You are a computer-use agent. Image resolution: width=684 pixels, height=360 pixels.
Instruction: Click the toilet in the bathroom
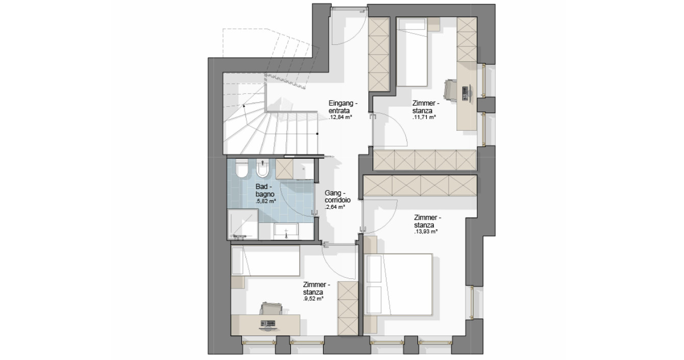tap(242, 169)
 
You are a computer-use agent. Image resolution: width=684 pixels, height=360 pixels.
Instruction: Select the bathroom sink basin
tap(286, 231)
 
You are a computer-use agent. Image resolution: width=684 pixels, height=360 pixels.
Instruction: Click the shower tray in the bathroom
tap(243, 224)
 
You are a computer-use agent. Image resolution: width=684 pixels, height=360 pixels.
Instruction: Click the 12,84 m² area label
tap(340, 117)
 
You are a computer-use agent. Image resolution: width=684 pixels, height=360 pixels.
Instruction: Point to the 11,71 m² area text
tap(424, 117)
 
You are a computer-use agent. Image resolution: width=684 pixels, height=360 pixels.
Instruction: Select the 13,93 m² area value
tap(426, 232)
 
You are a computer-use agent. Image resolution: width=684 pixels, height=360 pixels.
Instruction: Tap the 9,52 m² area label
tap(313, 299)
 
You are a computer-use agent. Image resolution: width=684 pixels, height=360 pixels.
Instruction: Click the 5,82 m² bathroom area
tap(265, 201)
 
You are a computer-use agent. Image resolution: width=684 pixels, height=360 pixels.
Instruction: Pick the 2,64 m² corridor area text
tap(335, 207)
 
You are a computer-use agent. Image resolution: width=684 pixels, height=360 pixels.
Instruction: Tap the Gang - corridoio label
tap(337, 197)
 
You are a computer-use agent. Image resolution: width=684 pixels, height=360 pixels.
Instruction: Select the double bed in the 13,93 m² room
tap(399, 284)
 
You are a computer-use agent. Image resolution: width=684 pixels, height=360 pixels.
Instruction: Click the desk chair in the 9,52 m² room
tap(271, 308)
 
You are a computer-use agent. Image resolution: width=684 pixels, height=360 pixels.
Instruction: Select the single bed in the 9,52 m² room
tap(265, 261)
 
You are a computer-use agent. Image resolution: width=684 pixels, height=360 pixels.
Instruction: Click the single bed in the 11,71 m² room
tap(411, 52)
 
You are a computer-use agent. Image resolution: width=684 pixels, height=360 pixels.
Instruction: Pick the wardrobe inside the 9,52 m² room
tap(348, 308)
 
